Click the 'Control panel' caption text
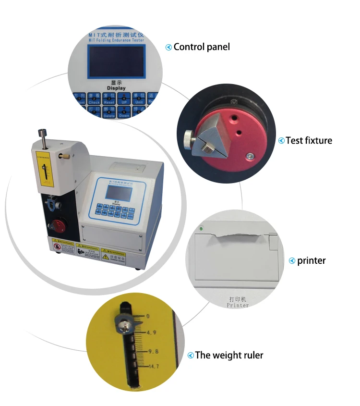click(202, 47)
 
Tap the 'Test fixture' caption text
click(309, 140)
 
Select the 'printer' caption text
click(311, 261)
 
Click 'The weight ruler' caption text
click(229, 356)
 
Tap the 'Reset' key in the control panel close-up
click(109, 99)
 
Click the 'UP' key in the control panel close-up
click(124, 99)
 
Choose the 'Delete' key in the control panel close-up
click(109, 113)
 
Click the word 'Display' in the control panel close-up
click(116, 88)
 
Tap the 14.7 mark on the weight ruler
click(154, 367)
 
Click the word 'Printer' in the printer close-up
click(238, 305)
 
